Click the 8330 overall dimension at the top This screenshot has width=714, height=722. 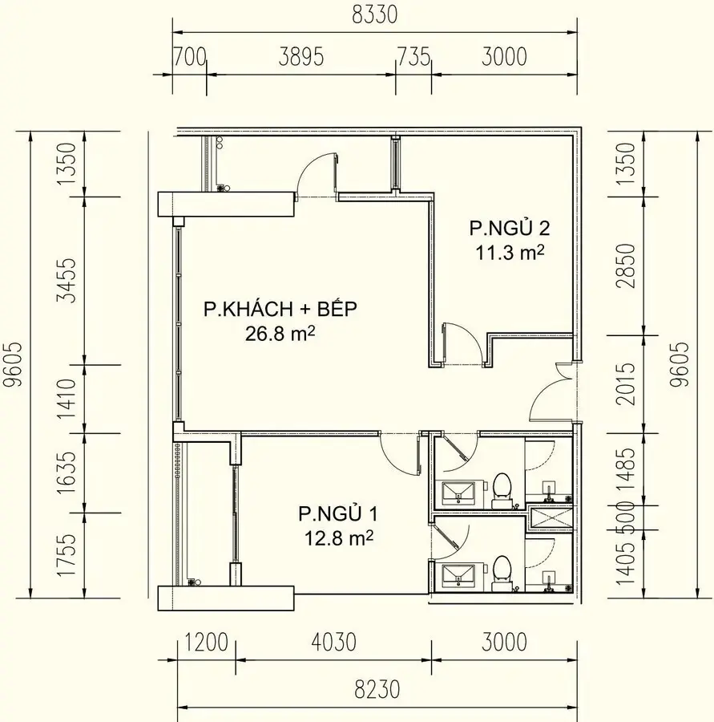374,16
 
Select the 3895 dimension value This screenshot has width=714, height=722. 301,57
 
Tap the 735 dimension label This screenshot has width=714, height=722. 413,57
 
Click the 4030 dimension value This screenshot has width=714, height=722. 329,643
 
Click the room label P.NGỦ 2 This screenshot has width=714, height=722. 509,229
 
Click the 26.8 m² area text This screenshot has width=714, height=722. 280,334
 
